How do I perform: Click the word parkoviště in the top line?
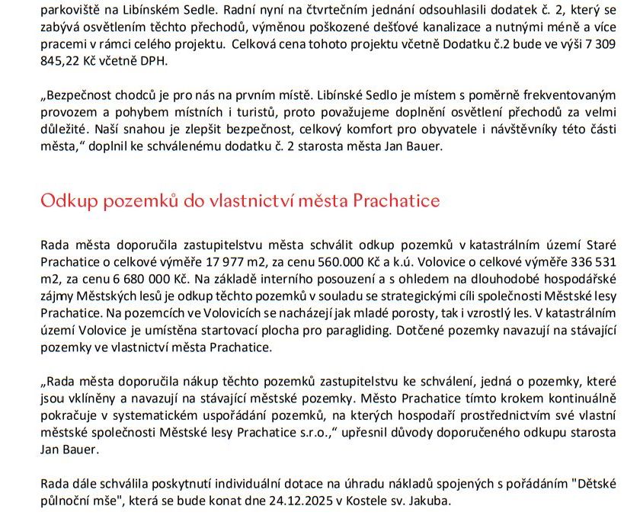[69, 9]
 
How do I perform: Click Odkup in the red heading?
[72, 202]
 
